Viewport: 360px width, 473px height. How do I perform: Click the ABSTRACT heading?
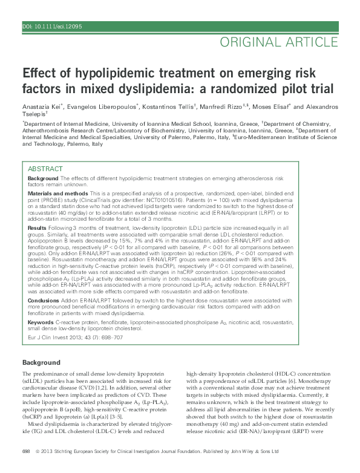click(46, 169)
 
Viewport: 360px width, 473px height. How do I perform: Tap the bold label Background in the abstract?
click(43, 180)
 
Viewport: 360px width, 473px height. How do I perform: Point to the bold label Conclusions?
click(44, 300)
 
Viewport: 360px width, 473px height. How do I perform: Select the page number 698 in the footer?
click(26, 451)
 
